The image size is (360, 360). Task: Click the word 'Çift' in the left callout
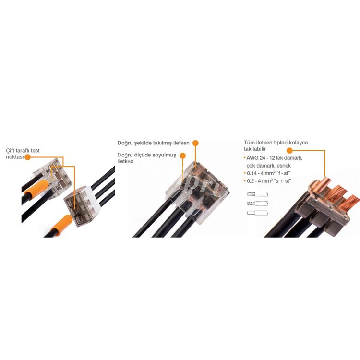[x=11, y=151]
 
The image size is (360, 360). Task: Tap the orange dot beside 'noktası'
[x=27, y=157]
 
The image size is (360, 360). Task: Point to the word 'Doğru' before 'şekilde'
[x=125, y=143]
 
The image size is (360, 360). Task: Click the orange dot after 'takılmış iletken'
[x=195, y=143]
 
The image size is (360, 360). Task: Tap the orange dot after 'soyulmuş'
[x=183, y=156]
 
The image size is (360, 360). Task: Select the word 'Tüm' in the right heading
[x=249, y=143]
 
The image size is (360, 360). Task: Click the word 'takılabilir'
[x=255, y=149]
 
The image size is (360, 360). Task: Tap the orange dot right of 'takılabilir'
[x=289, y=151]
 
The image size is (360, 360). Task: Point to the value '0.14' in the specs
[x=252, y=173]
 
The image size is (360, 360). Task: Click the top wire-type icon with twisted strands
[x=258, y=194]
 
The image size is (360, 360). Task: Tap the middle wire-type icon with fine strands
[x=258, y=204]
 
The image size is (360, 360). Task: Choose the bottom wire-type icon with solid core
[x=258, y=213]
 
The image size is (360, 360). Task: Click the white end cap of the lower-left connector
[x=94, y=202]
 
